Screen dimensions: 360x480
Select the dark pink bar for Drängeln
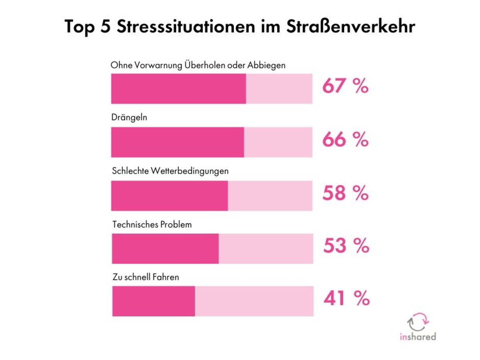point(178,142)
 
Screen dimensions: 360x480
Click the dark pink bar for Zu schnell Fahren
point(154,301)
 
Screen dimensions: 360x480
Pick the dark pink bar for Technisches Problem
point(165,248)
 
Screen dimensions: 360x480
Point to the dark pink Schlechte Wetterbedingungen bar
point(170,196)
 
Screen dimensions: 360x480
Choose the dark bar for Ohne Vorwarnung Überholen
point(178,89)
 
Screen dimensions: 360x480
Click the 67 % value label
point(345,86)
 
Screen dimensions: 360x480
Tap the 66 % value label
point(345,140)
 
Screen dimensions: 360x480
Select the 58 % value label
point(345,193)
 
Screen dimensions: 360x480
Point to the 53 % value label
point(346,246)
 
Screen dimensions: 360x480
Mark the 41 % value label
point(346,298)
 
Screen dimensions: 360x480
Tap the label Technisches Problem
point(152,224)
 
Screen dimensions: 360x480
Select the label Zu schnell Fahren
point(145,277)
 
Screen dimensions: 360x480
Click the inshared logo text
point(418,336)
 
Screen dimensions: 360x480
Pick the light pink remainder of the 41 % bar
point(254,301)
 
